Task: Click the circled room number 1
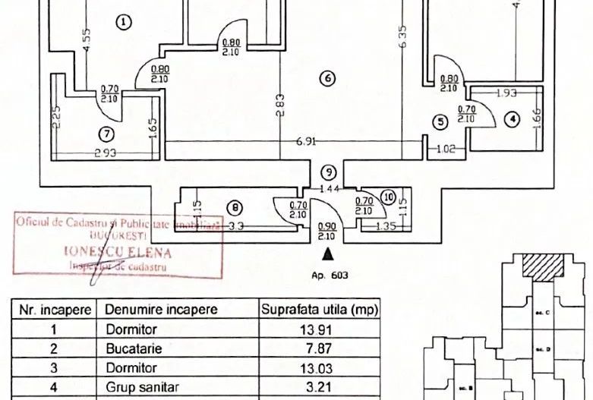coord(125,22)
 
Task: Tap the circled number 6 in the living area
coord(327,78)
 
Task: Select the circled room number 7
coord(106,135)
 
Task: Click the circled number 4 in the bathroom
coord(513,119)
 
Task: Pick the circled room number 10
coord(389,198)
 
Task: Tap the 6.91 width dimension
coord(306,141)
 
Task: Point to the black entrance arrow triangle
coord(328,254)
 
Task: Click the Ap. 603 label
coord(329,275)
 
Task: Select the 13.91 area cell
coord(319,330)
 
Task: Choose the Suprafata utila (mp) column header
coord(319,310)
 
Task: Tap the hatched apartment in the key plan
coord(542,265)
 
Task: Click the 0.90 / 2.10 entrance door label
coord(327,231)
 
